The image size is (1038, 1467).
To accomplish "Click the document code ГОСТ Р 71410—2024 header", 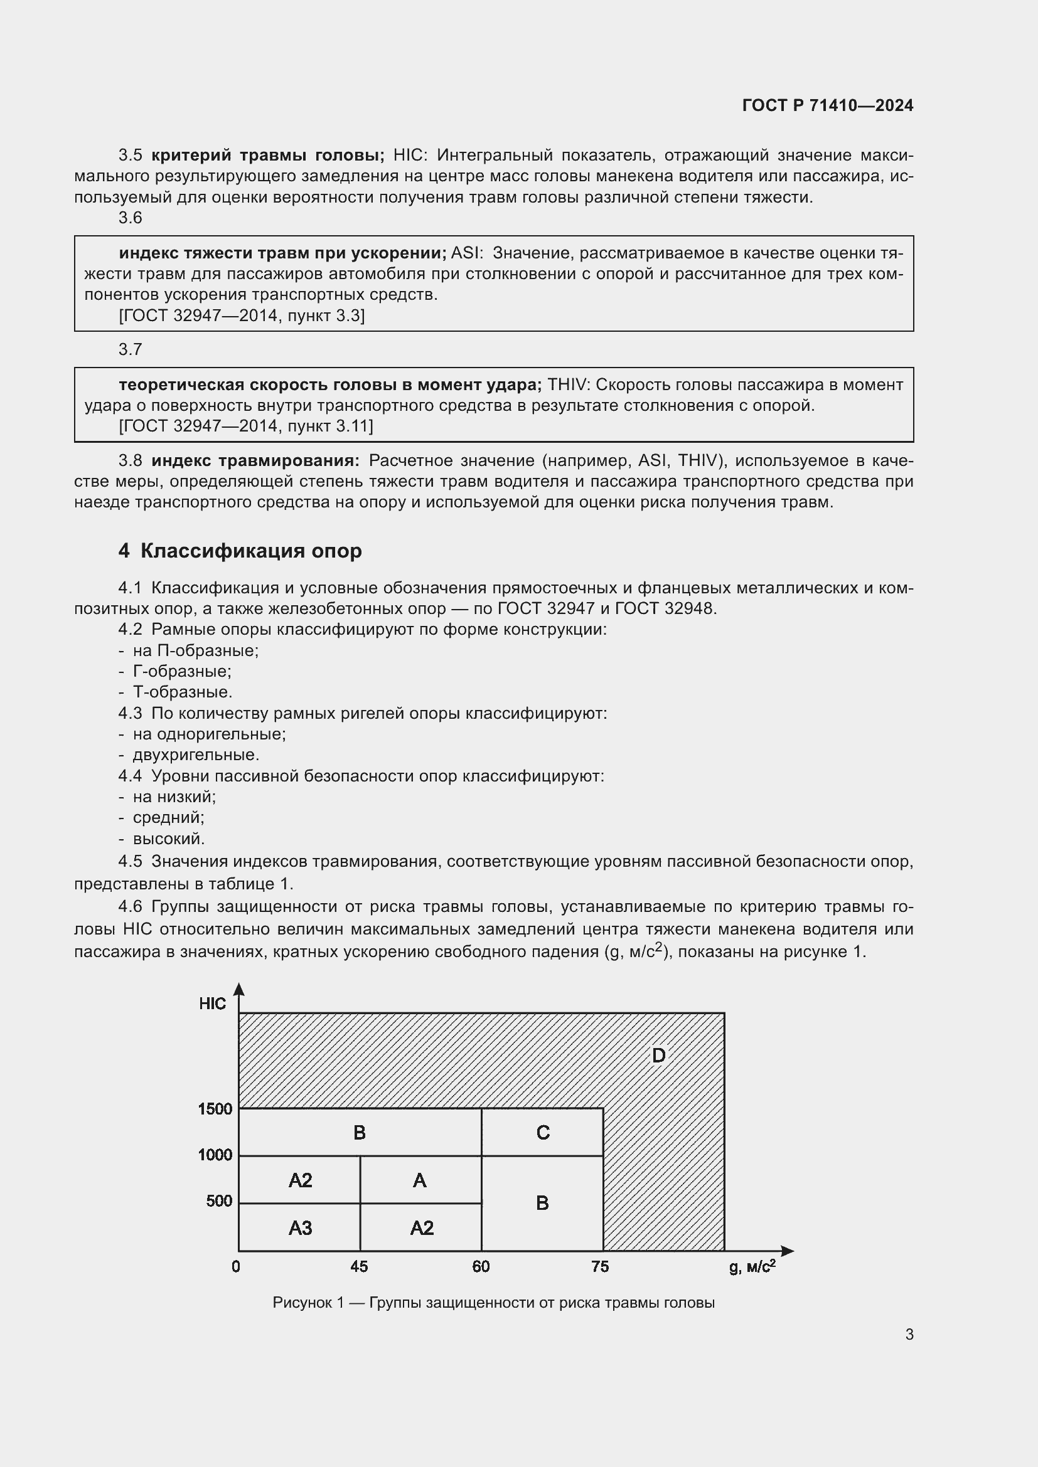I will [x=828, y=105].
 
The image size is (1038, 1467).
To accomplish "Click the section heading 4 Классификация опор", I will [x=240, y=551].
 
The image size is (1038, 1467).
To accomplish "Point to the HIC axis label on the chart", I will [x=212, y=1004].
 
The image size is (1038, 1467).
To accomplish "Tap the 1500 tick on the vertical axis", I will [x=215, y=1110].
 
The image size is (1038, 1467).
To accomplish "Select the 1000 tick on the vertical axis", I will [x=215, y=1155].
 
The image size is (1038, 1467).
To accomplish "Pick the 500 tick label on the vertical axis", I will [x=219, y=1201].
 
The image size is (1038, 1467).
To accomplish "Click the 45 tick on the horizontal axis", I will [x=359, y=1266].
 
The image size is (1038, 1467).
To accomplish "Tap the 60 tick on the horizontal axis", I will [x=481, y=1266].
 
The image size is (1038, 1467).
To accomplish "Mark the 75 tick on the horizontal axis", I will [x=600, y=1266].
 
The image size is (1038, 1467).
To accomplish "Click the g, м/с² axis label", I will [x=752, y=1267].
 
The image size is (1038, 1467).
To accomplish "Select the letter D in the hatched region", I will [x=658, y=1056].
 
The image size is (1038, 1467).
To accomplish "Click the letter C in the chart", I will [x=543, y=1133].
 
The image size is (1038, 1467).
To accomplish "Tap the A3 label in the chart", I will [x=300, y=1228].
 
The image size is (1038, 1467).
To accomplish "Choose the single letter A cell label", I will [x=419, y=1181].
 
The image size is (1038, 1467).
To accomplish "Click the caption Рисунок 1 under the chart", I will [x=493, y=1303].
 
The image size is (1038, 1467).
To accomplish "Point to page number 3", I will [x=909, y=1335].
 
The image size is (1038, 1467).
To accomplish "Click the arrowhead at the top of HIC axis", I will [x=238, y=989].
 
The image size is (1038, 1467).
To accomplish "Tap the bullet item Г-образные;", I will [x=182, y=672].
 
